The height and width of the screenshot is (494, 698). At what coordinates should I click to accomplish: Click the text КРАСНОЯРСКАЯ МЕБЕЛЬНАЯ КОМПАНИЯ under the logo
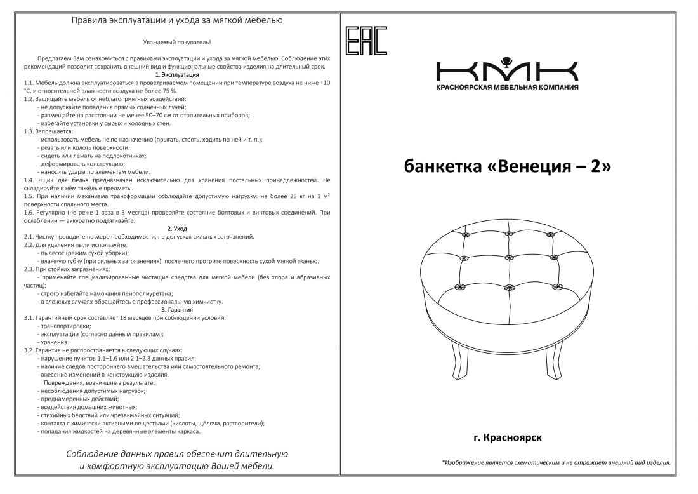(x=507, y=87)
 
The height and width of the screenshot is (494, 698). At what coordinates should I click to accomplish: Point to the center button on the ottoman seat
(x=508, y=258)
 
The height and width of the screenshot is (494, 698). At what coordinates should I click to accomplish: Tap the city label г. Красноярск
(x=508, y=437)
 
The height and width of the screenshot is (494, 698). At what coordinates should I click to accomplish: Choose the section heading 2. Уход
(x=177, y=229)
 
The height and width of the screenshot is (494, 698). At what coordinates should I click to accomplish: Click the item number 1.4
(x=29, y=180)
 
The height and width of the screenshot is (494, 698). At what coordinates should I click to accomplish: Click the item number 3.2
(x=29, y=350)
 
